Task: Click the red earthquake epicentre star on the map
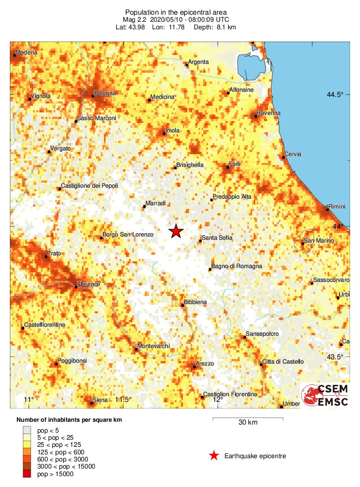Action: coord(176,231)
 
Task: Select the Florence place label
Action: coord(89,284)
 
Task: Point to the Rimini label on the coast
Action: coord(337,207)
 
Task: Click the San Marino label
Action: coord(319,241)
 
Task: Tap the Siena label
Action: coord(100,400)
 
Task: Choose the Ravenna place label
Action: coord(268,113)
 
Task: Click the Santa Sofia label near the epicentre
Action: coord(217,238)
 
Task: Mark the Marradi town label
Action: coord(156,203)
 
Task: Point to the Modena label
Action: coord(26,52)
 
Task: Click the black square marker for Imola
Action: coord(164,134)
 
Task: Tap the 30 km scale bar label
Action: coord(248,422)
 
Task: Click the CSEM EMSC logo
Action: coord(326,395)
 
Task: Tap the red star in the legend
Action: coord(214,456)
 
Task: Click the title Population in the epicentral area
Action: coord(176,12)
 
